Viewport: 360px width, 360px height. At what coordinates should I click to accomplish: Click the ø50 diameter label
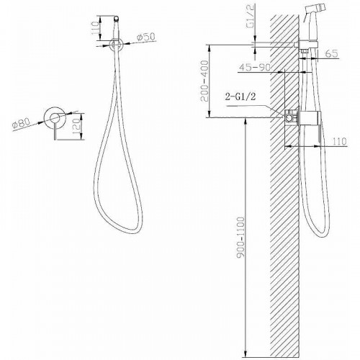pos(146,37)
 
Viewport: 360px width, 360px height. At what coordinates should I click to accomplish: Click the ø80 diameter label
pos(22,123)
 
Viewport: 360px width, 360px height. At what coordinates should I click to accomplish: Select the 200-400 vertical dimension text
pos(204,81)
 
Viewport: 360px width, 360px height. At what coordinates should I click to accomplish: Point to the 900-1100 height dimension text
pos(240,238)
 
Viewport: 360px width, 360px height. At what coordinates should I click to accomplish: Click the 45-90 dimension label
pos(255,67)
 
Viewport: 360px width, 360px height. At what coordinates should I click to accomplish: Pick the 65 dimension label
pos(332,53)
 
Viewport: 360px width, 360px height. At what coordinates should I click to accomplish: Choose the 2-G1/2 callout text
pos(240,96)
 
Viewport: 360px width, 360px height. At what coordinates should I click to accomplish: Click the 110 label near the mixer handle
pos(340,141)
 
